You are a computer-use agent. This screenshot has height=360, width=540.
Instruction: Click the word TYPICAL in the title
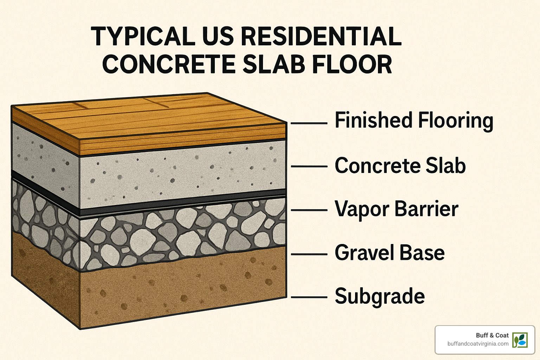(143, 37)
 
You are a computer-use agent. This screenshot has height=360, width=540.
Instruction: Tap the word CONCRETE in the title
(168, 64)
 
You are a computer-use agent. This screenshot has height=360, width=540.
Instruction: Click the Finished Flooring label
(414, 121)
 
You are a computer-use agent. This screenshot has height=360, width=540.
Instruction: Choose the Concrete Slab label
(400, 166)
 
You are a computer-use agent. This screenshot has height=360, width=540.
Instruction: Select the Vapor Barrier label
(396, 209)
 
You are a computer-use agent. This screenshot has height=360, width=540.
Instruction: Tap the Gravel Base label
(390, 253)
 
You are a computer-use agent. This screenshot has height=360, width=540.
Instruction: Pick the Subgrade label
(380, 296)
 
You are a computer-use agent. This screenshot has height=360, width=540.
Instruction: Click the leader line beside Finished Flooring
(309, 123)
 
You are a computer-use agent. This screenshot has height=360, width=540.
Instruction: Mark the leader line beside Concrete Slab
(309, 166)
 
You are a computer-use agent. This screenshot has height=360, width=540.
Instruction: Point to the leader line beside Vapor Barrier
(309, 210)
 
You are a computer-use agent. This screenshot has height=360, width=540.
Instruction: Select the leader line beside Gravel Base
(309, 254)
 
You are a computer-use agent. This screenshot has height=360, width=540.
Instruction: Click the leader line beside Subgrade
(309, 297)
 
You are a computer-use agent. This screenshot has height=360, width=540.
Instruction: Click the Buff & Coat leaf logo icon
(520, 340)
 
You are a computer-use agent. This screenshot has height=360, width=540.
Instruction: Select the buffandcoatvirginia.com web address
(478, 344)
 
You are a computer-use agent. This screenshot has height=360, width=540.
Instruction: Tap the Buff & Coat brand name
(492, 335)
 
